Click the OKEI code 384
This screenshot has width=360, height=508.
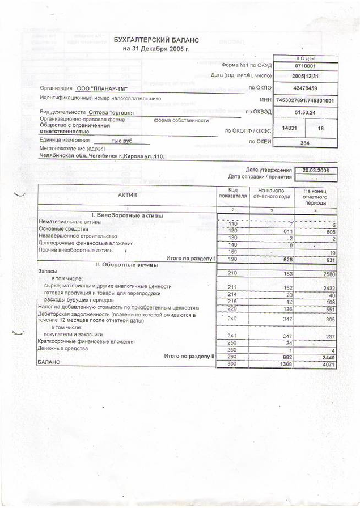(x=306, y=143)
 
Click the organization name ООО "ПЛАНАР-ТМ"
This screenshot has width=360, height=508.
(x=101, y=89)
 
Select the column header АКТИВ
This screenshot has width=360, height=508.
(x=128, y=195)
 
